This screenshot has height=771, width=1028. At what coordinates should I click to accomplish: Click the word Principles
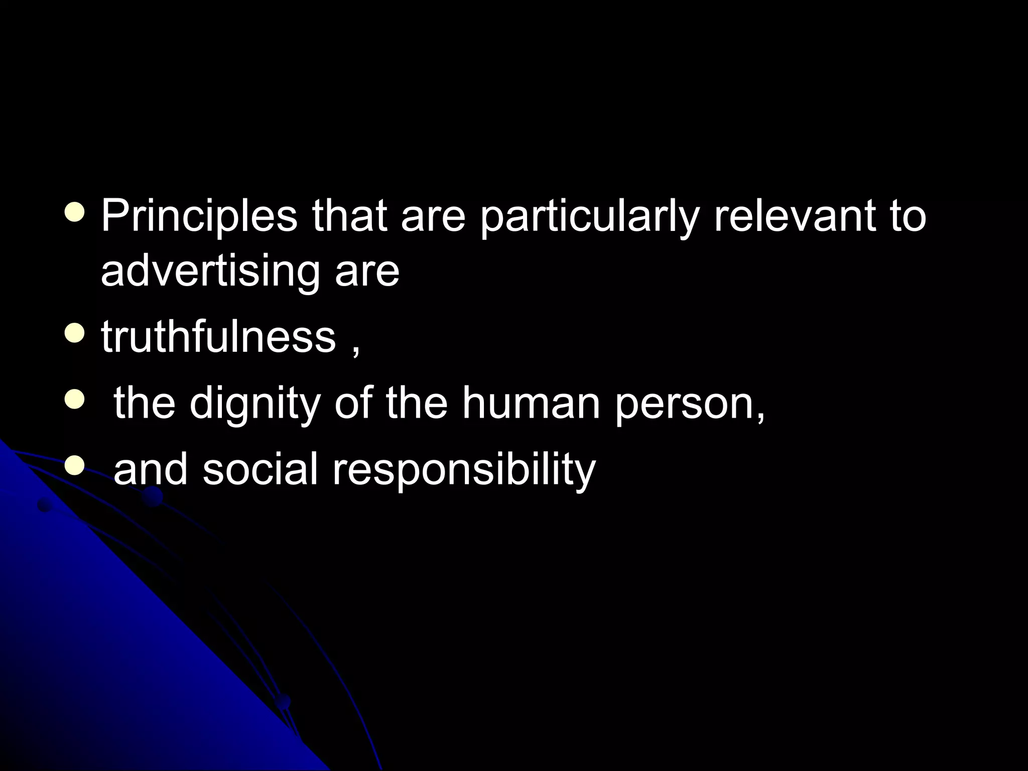tap(199, 217)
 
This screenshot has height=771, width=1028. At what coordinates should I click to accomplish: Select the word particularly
tap(589, 217)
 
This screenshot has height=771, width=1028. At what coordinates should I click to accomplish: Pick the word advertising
tap(210, 272)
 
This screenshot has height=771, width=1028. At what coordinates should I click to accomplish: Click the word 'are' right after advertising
tap(367, 272)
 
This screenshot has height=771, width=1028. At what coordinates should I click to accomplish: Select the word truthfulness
tap(218, 337)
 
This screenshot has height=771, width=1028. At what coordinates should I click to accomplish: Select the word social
tap(260, 469)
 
